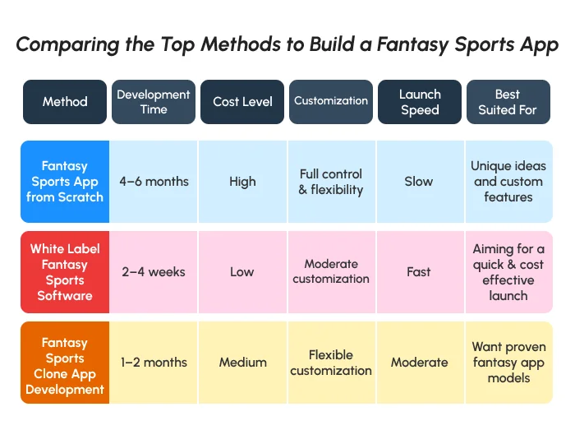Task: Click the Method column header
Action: pos(65,102)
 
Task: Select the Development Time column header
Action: pos(154,102)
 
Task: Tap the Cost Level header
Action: pos(242,102)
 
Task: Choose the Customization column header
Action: pos(331,102)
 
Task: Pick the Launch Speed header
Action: pos(420,102)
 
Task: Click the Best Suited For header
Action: pos(508,102)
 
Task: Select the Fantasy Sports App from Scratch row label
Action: pos(65,182)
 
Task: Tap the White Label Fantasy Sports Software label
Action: pos(65,272)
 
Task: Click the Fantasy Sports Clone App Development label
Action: pos(65,363)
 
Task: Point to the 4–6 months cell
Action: pos(154,182)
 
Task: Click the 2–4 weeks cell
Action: pos(154,272)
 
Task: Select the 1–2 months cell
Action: pos(154,363)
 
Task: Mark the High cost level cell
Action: pos(242,182)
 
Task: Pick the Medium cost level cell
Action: pos(242,363)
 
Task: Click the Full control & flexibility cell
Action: pos(331,182)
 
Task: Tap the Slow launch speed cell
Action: pos(419,182)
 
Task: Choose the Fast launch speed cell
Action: pos(419,272)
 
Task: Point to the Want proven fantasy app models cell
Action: pos(508,363)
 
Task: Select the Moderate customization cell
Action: pos(331,272)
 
